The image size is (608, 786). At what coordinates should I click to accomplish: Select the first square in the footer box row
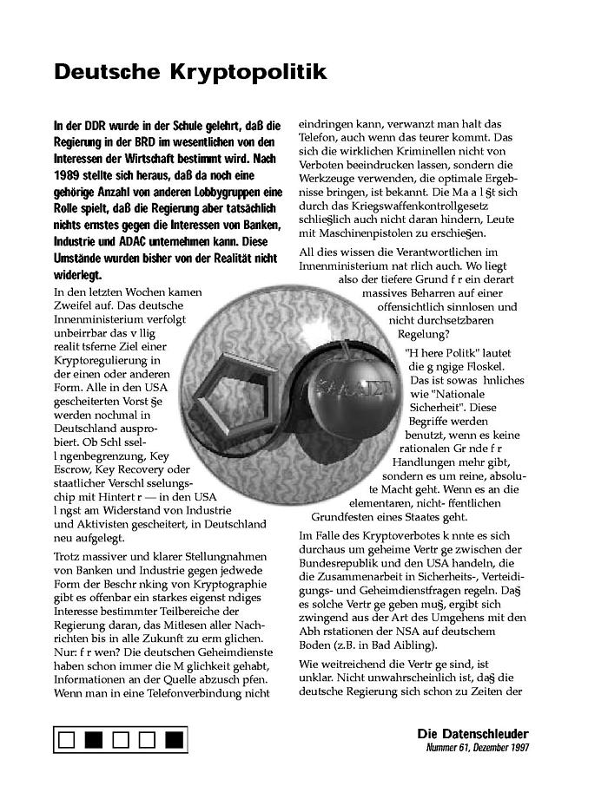[x=67, y=740]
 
